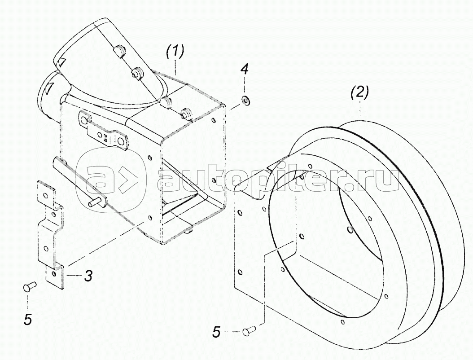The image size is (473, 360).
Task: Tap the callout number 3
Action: pyautogui.click(x=88, y=276)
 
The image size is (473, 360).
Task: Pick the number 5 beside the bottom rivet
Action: pyautogui.click(x=217, y=332)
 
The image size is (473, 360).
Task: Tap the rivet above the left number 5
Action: pyautogui.click(x=29, y=286)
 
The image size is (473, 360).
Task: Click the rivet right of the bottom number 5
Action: pyautogui.click(x=250, y=331)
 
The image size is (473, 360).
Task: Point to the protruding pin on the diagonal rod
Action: pyautogui.click(x=93, y=202)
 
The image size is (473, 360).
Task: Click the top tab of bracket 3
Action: pyautogui.click(x=46, y=193)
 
